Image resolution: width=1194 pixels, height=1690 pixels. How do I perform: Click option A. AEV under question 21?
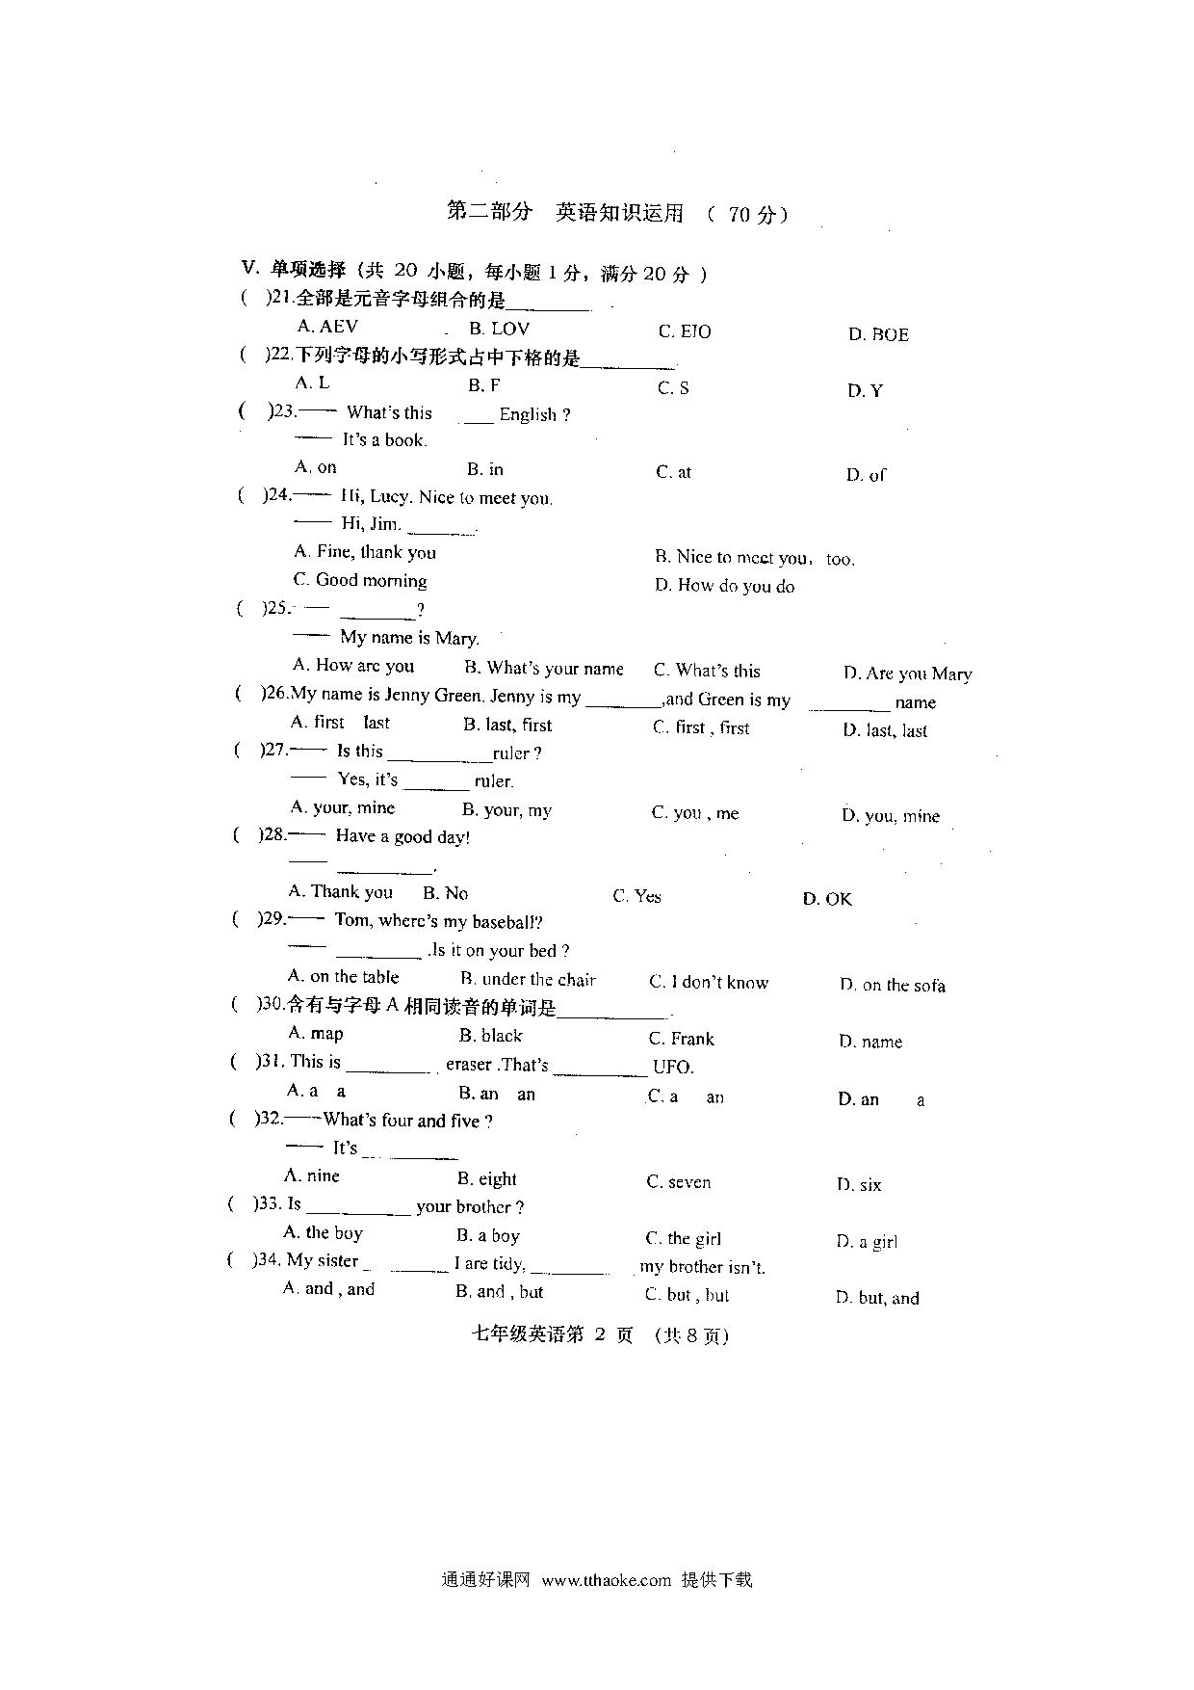[327, 327]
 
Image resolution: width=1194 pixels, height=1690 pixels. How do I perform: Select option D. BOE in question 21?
[878, 335]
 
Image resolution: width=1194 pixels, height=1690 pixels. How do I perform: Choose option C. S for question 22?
[673, 388]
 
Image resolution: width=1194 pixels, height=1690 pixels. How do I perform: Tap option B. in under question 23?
[485, 469]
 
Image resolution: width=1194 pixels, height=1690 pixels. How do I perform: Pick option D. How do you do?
[725, 586]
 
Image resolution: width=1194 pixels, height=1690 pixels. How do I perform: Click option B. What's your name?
[544, 669]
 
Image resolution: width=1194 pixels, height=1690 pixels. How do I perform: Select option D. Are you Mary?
[908, 673]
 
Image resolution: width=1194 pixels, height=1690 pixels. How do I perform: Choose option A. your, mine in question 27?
[343, 808]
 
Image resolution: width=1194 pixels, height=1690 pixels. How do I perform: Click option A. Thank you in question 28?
[341, 892]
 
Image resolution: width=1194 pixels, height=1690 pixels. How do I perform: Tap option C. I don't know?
[709, 983]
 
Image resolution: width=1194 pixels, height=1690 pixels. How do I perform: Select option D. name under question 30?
[870, 1042]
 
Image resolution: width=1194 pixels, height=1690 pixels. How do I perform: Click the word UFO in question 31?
[672, 1067]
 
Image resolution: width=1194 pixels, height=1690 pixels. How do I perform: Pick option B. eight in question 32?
[487, 1179]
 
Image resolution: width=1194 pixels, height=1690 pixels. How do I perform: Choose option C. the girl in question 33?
[684, 1239]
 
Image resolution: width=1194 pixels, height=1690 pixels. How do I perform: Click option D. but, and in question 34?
[878, 1298]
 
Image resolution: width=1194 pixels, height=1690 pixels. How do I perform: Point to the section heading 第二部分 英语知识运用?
[565, 212]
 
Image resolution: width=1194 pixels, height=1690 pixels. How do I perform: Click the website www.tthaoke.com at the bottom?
[607, 1580]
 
